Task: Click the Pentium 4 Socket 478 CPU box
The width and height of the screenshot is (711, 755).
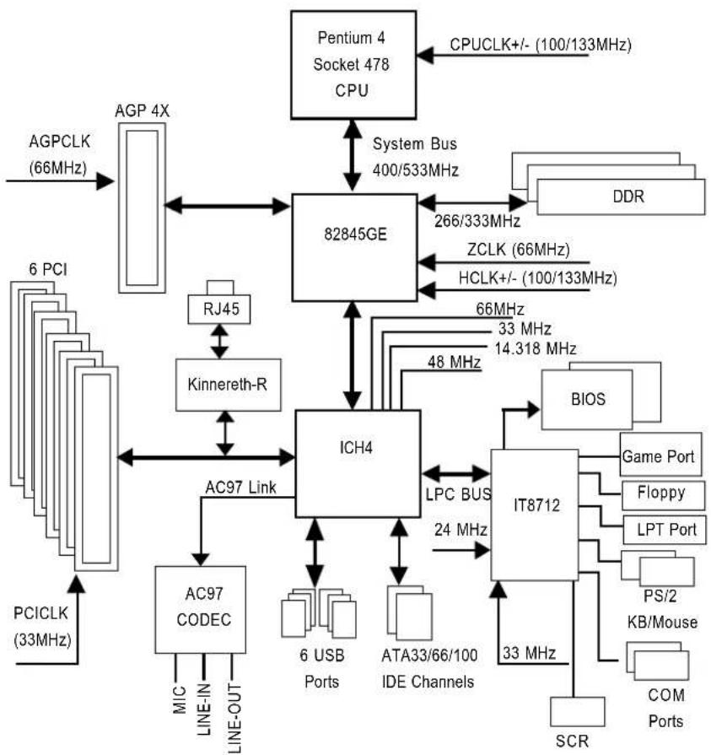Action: click(x=353, y=65)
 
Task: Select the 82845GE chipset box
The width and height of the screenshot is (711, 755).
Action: click(x=355, y=247)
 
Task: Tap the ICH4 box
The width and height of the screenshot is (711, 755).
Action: click(x=358, y=464)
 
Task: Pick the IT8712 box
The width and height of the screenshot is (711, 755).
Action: click(x=535, y=515)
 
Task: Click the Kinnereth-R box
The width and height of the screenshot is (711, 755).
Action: click(x=229, y=385)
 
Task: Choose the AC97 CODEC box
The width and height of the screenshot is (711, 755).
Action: click(x=200, y=609)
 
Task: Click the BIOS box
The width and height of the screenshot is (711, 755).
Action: click(x=587, y=399)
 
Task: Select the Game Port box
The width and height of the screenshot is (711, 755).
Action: click(x=660, y=455)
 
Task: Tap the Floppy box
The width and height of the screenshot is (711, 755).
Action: click(x=663, y=494)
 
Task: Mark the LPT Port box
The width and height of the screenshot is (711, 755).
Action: click(x=665, y=530)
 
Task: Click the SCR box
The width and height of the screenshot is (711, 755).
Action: click(x=577, y=711)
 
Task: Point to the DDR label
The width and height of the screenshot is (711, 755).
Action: click(x=628, y=197)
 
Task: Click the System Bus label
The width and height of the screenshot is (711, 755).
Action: click(x=414, y=143)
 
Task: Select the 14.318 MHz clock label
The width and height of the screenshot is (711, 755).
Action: click(x=536, y=348)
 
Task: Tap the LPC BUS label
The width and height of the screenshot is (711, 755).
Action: click(x=458, y=494)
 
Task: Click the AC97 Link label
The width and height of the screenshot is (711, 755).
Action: click(x=240, y=488)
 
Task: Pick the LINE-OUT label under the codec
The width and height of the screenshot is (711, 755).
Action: click(x=234, y=717)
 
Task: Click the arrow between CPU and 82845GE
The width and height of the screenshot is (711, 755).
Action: click(x=353, y=155)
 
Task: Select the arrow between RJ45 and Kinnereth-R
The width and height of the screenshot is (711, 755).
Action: click(x=219, y=342)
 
